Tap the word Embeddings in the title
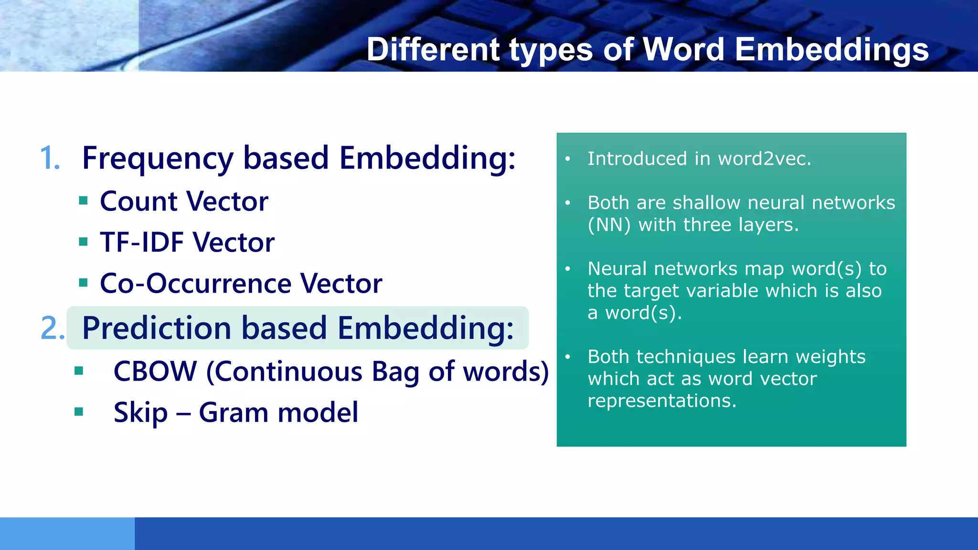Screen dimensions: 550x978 [831, 50]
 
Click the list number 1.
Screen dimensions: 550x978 [50, 158]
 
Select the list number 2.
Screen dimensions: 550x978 [52, 328]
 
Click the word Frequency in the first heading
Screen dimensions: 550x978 [158, 159]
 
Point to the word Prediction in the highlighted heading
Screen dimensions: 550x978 [157, 328]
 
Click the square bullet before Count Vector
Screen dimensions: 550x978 [84, 201]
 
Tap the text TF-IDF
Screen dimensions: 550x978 [142, 242]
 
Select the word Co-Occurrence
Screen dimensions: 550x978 [195, 283]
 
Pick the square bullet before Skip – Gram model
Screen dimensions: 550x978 [79, 412]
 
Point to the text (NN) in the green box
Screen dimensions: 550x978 [609, 225]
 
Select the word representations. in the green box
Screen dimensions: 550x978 [662, 401]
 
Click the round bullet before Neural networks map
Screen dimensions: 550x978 [568, 269]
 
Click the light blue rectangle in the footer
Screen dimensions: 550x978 [67, 533]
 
